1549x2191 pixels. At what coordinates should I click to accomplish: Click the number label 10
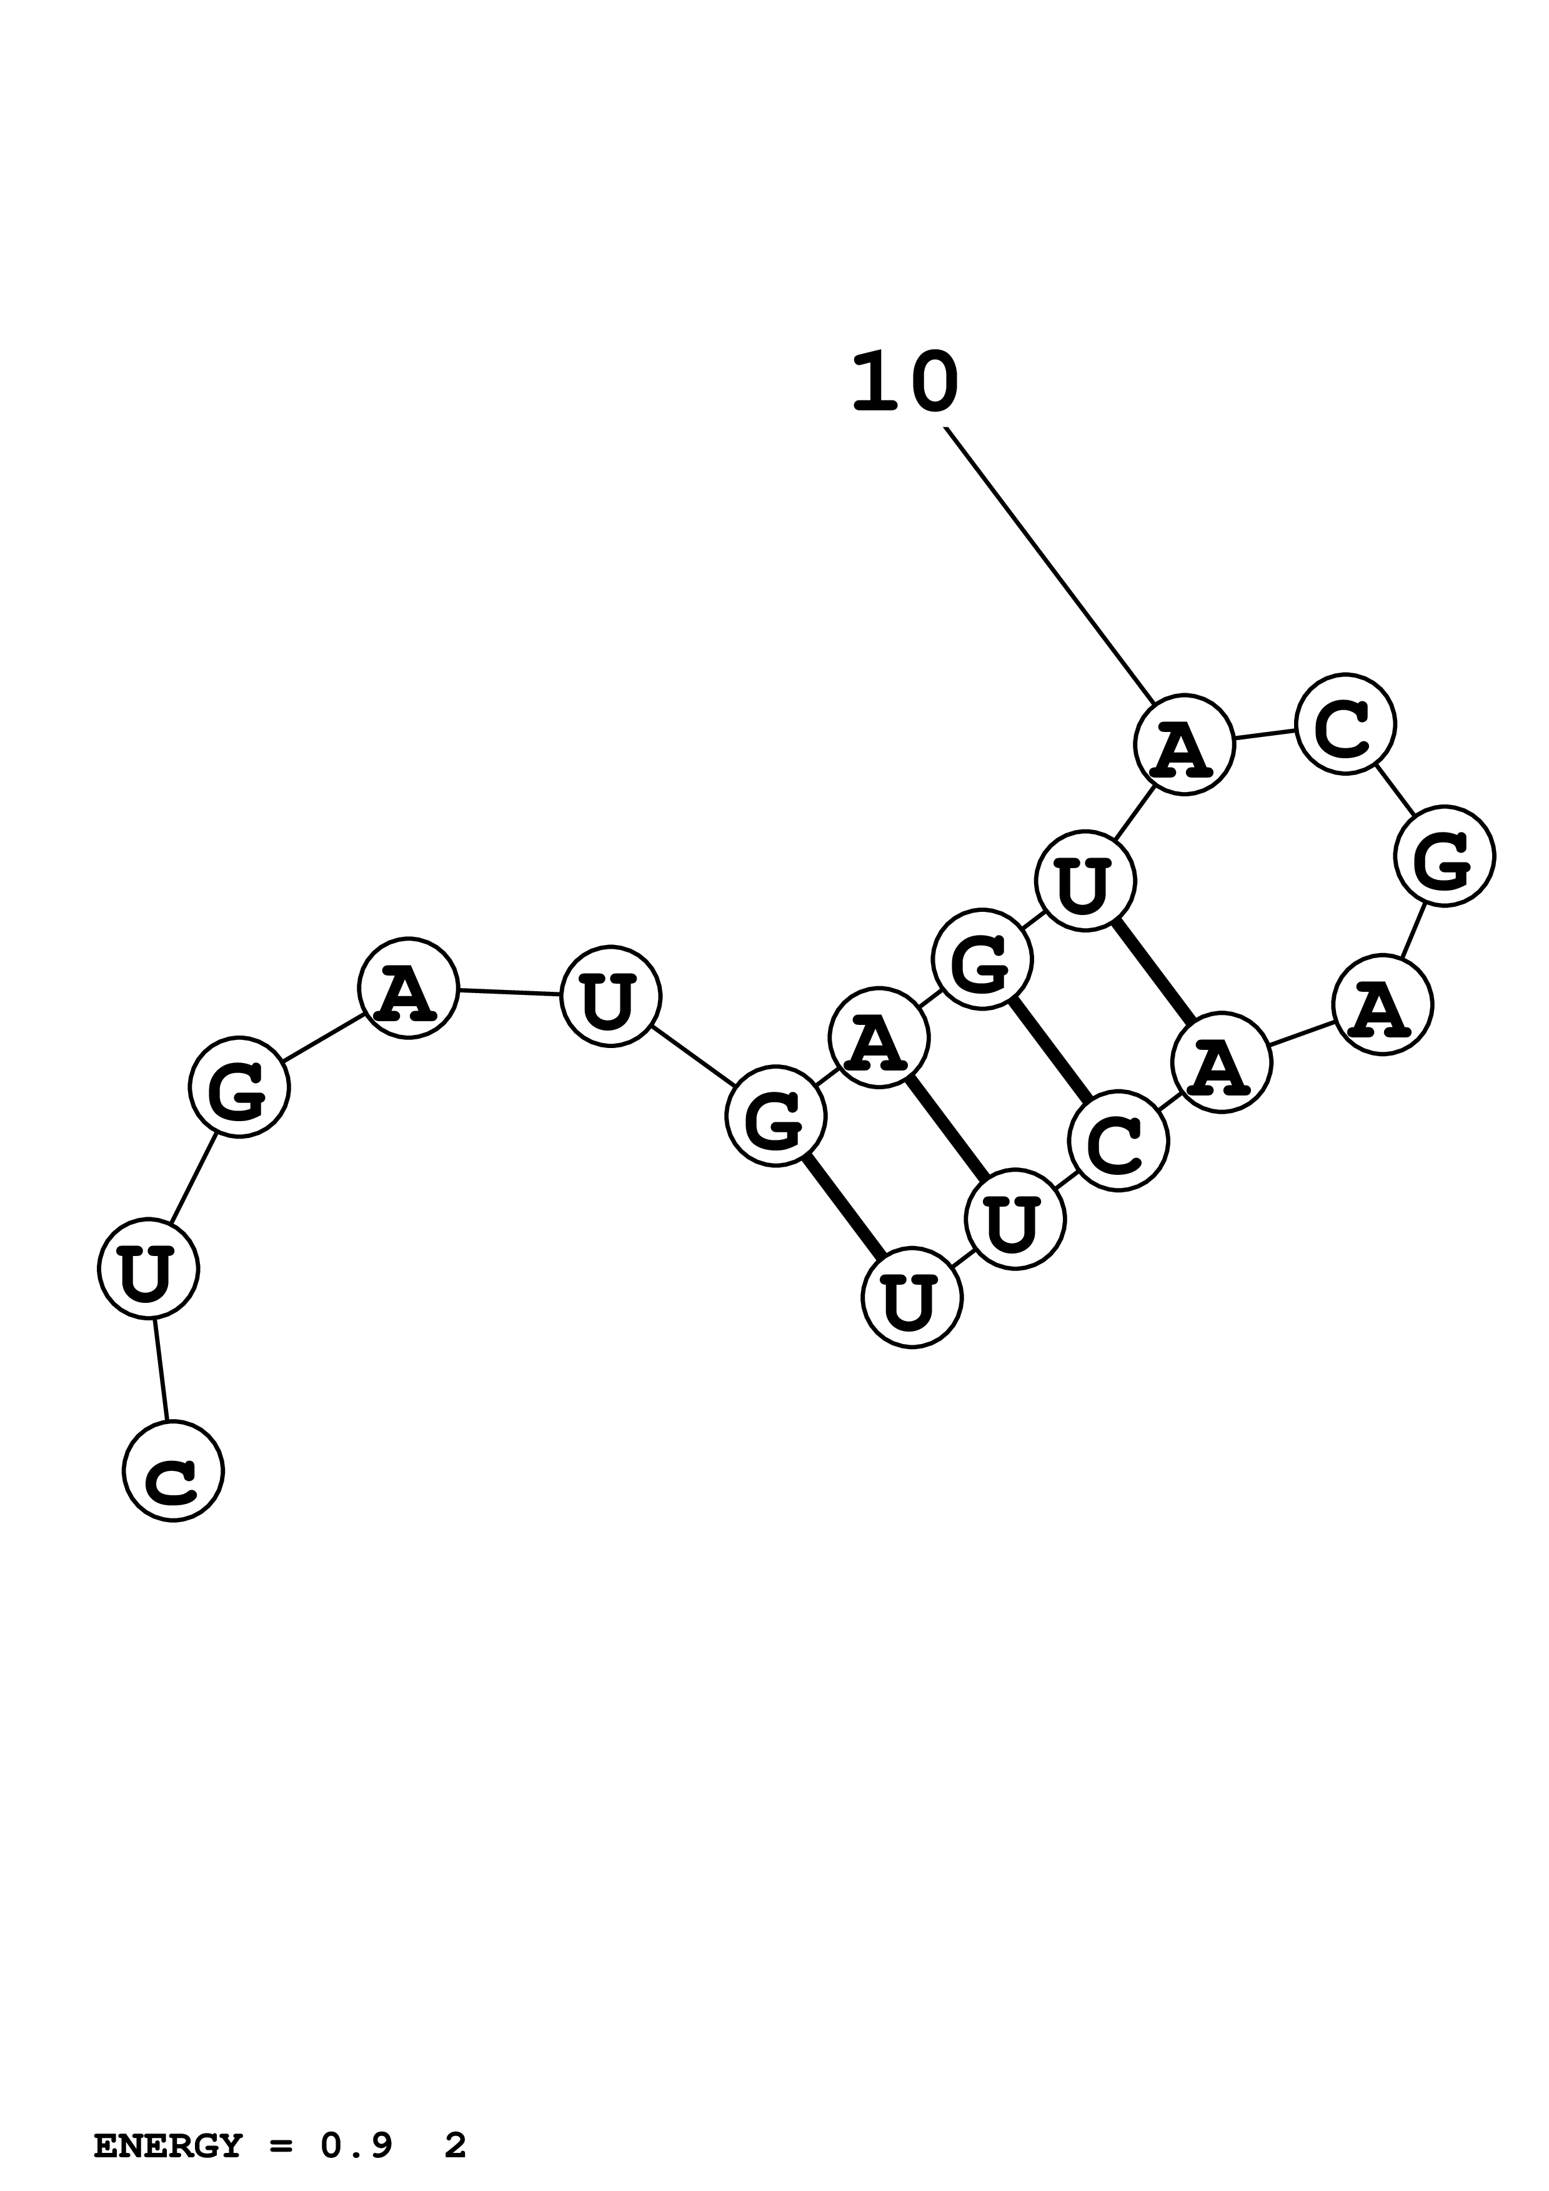pos(904,383)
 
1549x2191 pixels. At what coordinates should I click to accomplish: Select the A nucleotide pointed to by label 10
pos(1183,744)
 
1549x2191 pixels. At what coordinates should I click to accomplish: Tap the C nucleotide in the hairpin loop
pos(1345,723)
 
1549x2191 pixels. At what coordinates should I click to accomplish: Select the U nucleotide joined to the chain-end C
pos(148,1269)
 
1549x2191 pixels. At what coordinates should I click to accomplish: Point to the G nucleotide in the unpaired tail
pos(239,1087)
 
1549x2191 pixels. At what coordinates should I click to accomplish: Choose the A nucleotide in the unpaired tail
pos(409,987)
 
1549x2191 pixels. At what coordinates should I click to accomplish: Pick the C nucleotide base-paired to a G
pos(1118,1141)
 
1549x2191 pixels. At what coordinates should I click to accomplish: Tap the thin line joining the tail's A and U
pos(509,992)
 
